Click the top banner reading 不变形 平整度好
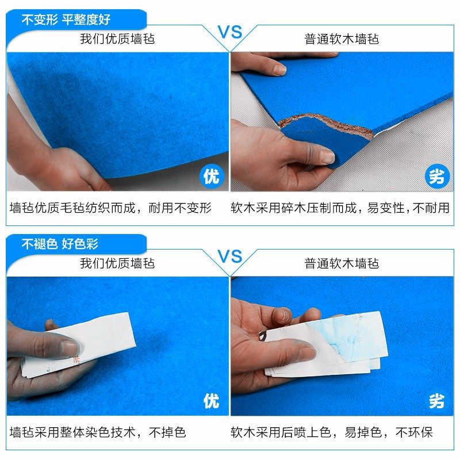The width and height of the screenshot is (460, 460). pyautogui.click(x=66, y=20)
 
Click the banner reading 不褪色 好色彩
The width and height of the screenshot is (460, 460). pyautogui.click(x=60, y=244)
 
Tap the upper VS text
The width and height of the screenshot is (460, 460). pyautogui.click(x=230, y=32)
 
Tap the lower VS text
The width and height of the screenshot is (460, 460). pyautogui.click(x=230, y=256)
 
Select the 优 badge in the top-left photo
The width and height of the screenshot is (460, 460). pyautogui.click(x=211, y=176)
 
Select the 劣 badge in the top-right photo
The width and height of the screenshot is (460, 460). pyautogui.click(x=438, y=177)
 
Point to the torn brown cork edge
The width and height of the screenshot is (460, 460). pyautogui.click(x=322, y=122)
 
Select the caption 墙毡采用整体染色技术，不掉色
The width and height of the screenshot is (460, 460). pyautogui.click(x=98, y=432)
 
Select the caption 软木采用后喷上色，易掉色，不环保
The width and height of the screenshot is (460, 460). pyautogui.click(x=332, y=432)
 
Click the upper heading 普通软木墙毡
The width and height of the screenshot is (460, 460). pyautogui.click(x=342, y=39)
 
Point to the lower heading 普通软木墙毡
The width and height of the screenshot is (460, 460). pyautogui.click(x=342, y=263)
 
